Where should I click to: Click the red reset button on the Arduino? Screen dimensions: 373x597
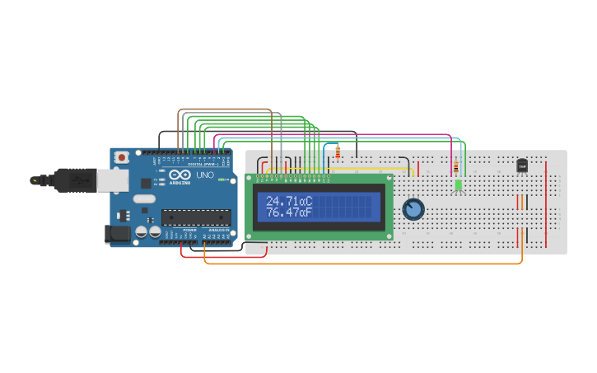point(122,156)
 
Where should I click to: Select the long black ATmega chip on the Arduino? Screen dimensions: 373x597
point(195,217)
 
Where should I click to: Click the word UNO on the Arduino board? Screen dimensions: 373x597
point(205,175)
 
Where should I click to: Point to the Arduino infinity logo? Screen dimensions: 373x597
point(178,175)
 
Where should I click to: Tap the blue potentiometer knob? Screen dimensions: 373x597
point(413,210)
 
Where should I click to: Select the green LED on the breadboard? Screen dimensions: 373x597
point(458,185)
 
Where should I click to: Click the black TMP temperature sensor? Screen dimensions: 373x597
point(522,166)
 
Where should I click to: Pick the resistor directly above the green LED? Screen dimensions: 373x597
point(456,167)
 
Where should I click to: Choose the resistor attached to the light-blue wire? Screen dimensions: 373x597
point(338,152)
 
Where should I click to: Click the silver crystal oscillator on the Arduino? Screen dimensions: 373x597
point(143,198)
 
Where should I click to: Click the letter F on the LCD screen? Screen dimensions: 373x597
point(309,212)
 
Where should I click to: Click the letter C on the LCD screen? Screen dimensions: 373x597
point(309,201)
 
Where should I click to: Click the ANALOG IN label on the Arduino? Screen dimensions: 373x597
point(218,230)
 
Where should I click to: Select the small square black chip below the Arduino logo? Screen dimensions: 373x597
point(146,183)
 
